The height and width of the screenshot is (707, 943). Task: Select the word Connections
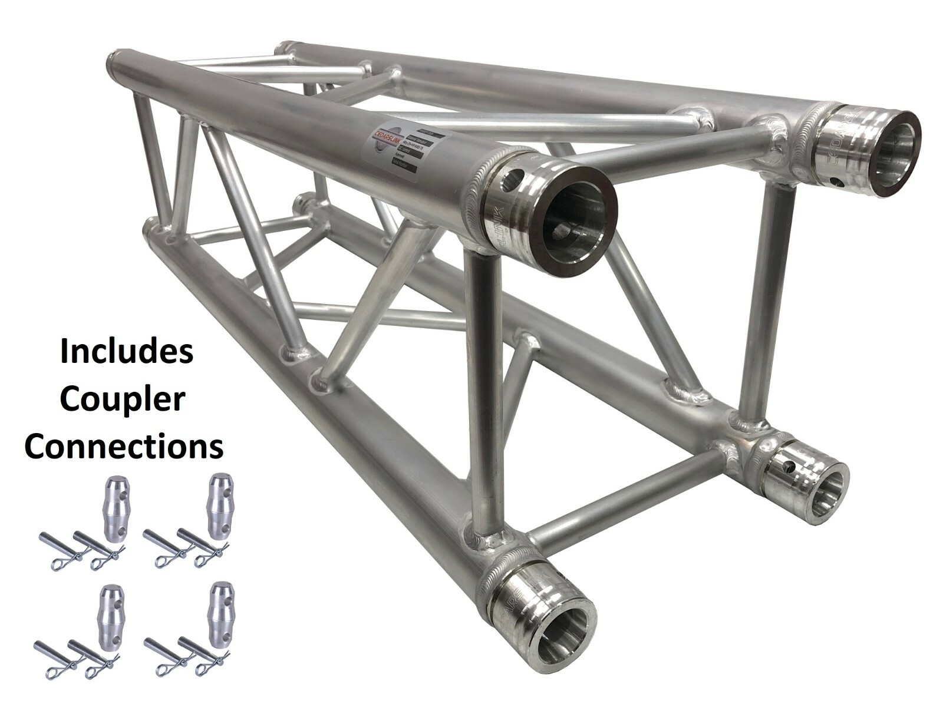coord(124,447)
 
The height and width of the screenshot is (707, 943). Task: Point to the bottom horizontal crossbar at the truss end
coord(625,501)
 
